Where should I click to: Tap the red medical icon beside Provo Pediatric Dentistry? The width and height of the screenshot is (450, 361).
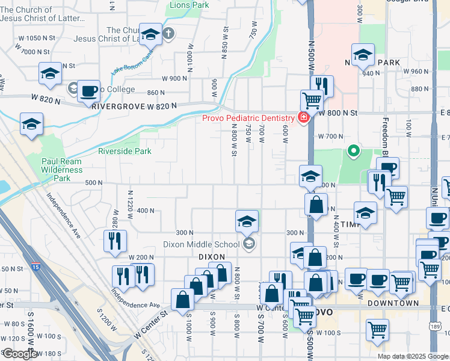coord(303,117)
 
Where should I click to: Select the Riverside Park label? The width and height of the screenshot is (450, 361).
coord(125,151)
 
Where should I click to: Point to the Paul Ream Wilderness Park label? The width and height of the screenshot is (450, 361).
coord(62,170)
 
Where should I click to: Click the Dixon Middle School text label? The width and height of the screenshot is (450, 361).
coord(204,244)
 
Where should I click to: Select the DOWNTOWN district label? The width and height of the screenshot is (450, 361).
coord(393,303)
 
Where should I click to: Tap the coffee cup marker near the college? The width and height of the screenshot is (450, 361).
coord(88,91)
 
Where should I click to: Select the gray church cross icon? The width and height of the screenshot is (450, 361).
coord(170,34)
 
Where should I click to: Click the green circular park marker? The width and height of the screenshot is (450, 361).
coord(354,152)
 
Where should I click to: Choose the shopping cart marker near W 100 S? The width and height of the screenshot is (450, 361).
coord(377,329)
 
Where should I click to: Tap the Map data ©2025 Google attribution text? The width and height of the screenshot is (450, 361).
coord(412,356)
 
